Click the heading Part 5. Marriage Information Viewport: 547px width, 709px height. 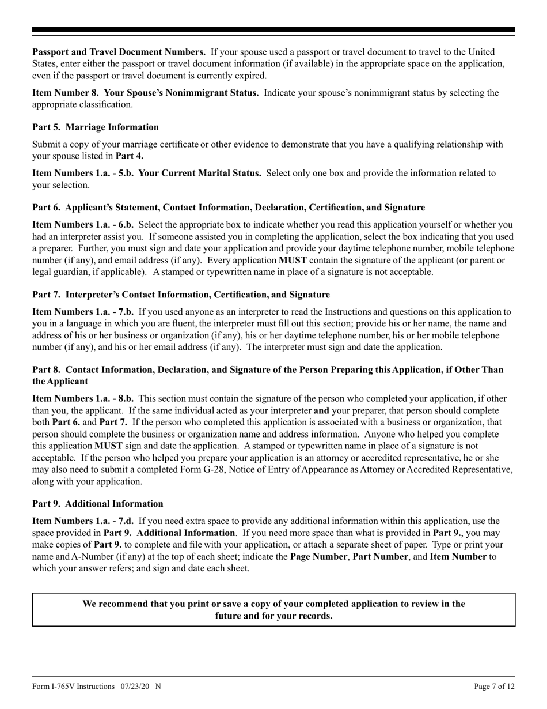96,127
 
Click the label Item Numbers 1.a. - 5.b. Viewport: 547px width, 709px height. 82,173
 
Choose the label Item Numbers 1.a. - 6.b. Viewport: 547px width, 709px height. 83,224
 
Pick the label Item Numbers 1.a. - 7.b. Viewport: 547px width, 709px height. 83,312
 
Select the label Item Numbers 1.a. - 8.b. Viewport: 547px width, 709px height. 83,398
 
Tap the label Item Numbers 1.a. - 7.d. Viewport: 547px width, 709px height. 83,521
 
